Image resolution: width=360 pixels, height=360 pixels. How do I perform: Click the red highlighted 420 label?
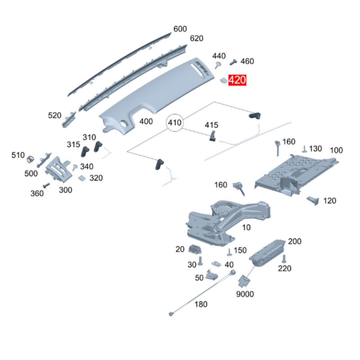pyautogui.click(x=237, y=80)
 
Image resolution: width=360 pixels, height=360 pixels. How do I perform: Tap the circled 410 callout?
pyautogui.click(x=175, y=122)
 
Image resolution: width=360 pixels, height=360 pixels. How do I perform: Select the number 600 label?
pyautogui.click(x=180, y=29)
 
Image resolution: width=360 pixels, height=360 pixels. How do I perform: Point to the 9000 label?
pyautogui.click(x=245, y=294)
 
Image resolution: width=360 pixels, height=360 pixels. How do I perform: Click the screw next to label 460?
pyautogui.click(x=233, y=62)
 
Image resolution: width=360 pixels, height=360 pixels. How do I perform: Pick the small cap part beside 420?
pyautogui.click(x=223, y=80)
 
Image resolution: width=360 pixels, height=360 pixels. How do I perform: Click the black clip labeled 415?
pyautogui.click(x=212, y=136)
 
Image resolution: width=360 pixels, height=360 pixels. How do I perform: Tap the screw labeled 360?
pyautogui.click(x=46, y=185)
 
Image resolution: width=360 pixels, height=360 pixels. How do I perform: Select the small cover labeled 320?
pyautogui.click(x=82, y=178)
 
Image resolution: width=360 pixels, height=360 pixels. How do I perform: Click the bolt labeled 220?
pyautogui.click(x=284, y=259)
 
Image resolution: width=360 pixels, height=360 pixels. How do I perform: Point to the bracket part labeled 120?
pyautogui.click(x=313, y=200)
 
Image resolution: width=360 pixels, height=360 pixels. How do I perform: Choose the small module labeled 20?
pyautogui.click(x=195, y=249)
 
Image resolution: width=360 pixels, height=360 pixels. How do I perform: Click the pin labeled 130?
pyautogui.click(x=305, y=149)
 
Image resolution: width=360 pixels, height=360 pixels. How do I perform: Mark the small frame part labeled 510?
pyautogui.click(x=30, y=159)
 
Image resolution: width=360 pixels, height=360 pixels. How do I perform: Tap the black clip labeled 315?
pyautogui.click(x=85, y=152)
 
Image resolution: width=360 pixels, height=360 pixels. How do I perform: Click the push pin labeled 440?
pyautogui.click(x=218, y=64)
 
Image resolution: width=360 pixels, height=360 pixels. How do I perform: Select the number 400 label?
pyautogui.click(x=146, y=121)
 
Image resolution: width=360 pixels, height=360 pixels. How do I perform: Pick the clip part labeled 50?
pyautogui.click(x=211, y=275)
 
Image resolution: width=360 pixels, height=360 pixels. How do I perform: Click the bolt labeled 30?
pyautogui.click(x=200, y=261)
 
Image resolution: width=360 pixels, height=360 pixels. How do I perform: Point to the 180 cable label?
pyautogui.click(x=201, y=305)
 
